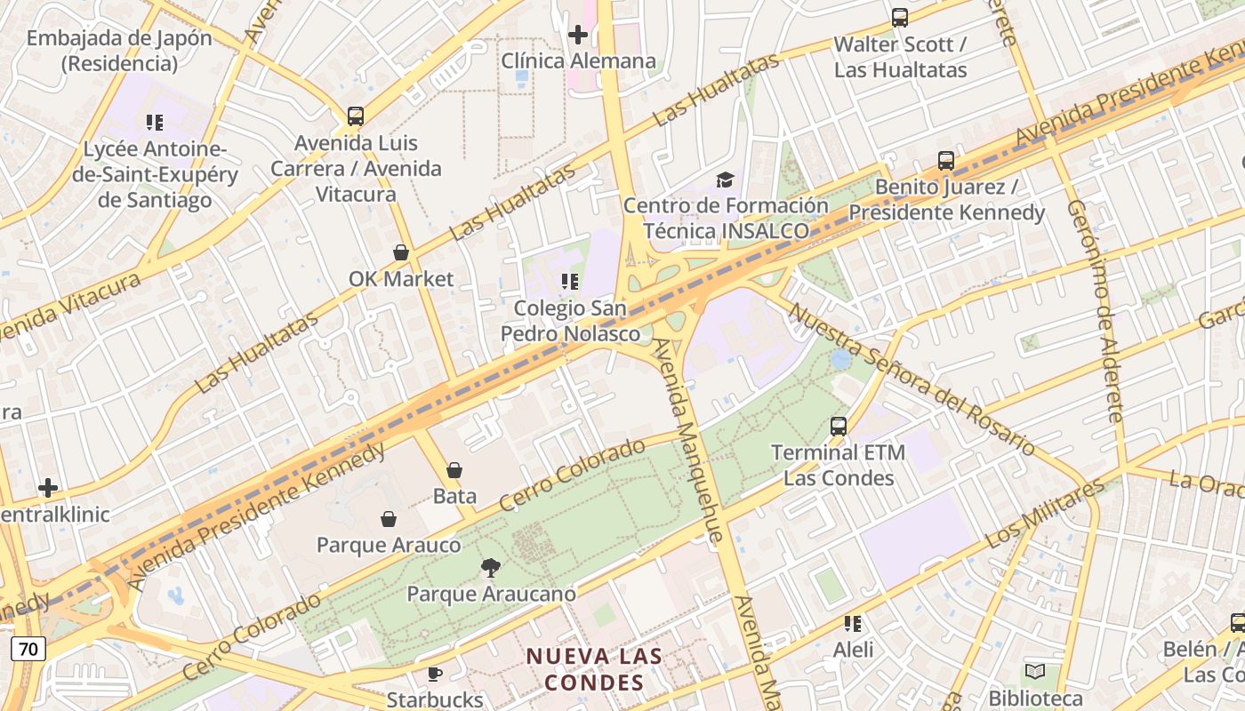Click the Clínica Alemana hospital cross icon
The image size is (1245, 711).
click(x=578, y=35)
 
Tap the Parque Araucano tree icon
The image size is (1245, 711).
click(x=490, y=568)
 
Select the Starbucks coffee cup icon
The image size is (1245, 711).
click(x=435, y=675)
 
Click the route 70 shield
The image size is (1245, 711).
click(x=28, y=649)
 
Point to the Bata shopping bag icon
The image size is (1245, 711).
click(x=454, y=470)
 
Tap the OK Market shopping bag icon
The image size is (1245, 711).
click(x=401, y=253)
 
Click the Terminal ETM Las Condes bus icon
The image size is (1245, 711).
click(x=838, y=427)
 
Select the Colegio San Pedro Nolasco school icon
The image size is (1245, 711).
click(x=570, y=283)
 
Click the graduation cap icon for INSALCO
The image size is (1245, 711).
click(x=725, y=180)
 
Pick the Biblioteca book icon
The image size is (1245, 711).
click(x=1034, y=672)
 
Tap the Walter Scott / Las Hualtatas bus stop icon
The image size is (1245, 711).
click(x=900, y=18)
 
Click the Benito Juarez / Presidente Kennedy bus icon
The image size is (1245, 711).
click(x=946, y=161)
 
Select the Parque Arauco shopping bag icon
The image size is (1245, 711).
click(x=389, y=519)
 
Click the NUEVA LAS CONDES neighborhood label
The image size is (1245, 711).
click(x=594, y=669)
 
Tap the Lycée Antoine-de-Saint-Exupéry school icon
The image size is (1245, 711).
click(x=155, y=123)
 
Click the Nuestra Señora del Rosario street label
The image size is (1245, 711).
click(x=912, y=380)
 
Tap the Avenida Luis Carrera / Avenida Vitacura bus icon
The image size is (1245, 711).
click(x=356, y=116)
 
